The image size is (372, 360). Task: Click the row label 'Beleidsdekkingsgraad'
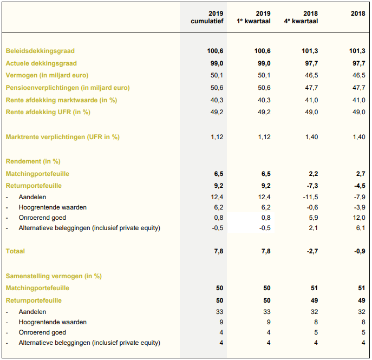(40, 51)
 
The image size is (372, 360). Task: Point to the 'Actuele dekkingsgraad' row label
(41, 63)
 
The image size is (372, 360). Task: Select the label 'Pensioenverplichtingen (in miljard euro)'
(68, 88)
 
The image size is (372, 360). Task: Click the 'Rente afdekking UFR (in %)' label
(48, 112)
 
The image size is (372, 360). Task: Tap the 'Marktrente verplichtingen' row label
(62, 137)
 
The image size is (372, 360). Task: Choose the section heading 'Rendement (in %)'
(33, 161)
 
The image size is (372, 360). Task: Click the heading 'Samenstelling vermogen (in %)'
(54, 276)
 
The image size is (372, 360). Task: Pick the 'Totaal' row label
(15, 251)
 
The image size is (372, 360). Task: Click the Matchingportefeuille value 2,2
(313, 174)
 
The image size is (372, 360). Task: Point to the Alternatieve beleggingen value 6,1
(360, 228)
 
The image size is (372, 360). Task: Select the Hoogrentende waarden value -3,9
(358, 207)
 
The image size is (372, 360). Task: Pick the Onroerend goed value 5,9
(313, 218)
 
